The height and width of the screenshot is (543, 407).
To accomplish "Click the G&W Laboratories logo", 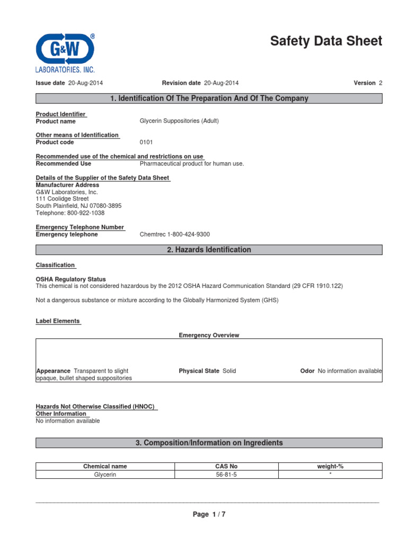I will pyautogui.click(x=65, y=52).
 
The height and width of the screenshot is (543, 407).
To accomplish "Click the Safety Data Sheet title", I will pyautogui.click(x=325, y=41).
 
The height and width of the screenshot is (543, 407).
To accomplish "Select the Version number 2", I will pyautogui.click(x=380, y=83).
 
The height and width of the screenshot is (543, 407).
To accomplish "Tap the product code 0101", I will pyautogui.click(x=146, y=143).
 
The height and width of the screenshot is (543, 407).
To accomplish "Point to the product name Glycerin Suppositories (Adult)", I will pyautogui.click(x=179, y=121).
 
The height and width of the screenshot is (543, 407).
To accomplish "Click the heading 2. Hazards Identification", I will pyautogui.click(x=209, y=250).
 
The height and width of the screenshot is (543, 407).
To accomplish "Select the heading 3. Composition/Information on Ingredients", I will pyautogui.click(x=209, y=443).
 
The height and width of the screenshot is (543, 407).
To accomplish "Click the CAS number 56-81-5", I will pyautogui.click(x=226, y=475).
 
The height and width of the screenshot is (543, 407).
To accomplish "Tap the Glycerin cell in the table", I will pyautogui.click(x=105, y=475).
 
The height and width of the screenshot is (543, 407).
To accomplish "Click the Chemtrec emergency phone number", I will pyautogui.click(x=178, y=235).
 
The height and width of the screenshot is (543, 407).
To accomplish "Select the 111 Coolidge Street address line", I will pyautogui.click(x=63, y=199).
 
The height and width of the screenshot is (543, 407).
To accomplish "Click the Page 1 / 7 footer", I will pyautogui.click(x=209, y=514).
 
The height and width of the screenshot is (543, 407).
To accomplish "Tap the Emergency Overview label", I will pyautogui.click(x=209, y=336).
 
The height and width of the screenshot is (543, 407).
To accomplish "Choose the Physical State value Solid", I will pyautogui.click(x=229, y=371).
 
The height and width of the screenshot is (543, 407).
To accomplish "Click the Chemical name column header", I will pyautogui.click(x=105, y=467).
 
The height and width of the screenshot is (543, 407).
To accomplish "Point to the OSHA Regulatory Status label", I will pyautogui.click(x=70, y=279).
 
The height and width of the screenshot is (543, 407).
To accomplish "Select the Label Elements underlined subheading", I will pyautogui.click(x=58, y=321).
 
